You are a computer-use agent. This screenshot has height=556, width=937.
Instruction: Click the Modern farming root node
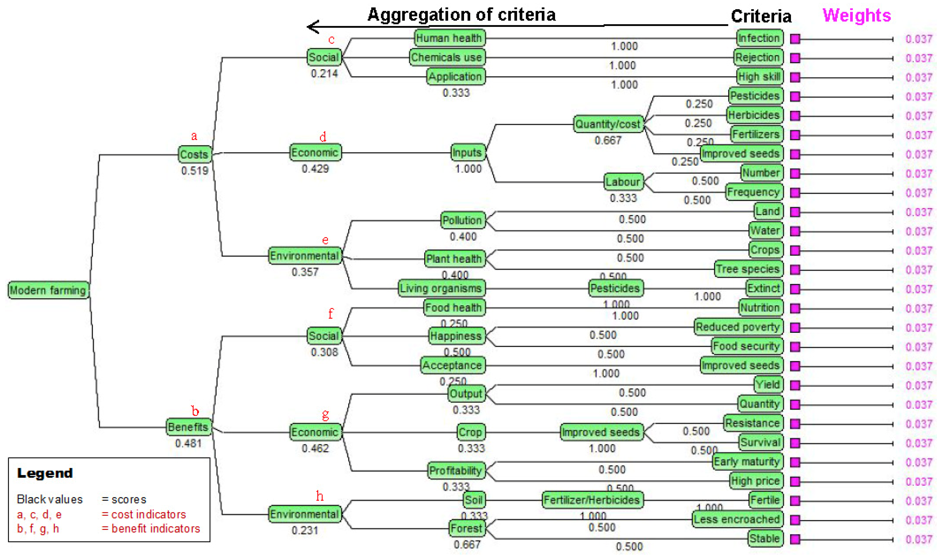coord(48,290)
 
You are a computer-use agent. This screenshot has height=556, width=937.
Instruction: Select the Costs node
coord(194,154)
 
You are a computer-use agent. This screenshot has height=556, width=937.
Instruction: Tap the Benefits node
coord(188,427)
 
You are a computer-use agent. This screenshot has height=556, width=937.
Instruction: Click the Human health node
coord(449,38)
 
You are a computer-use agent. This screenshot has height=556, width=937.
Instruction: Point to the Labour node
coord(623,182)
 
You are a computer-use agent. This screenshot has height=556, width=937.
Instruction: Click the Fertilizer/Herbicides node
coord(592,500)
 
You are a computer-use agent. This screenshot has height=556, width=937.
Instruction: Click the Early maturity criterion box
coord(747,462)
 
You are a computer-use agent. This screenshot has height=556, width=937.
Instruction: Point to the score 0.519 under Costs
coord(194,171)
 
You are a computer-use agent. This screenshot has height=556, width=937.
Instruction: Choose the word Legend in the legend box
coord(45,473)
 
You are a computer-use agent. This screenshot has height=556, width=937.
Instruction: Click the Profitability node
coord(456,471)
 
